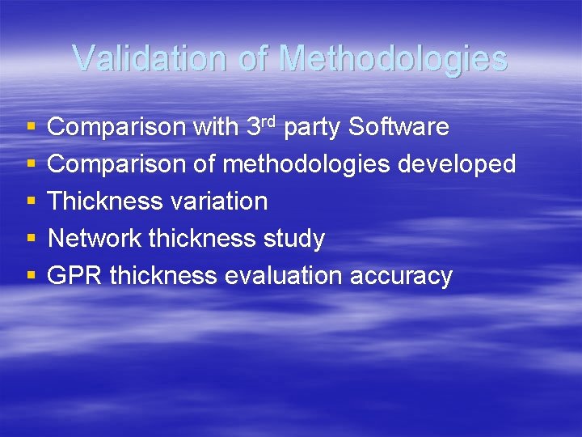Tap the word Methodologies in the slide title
click(393, 58)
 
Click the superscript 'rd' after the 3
click(270, 121)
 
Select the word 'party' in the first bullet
click(315, 128)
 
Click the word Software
click(400, 127)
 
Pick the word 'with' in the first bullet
click(216, 127)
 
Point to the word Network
click(95, 239)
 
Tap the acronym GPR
click(75, 276)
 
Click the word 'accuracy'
click(401, 277)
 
